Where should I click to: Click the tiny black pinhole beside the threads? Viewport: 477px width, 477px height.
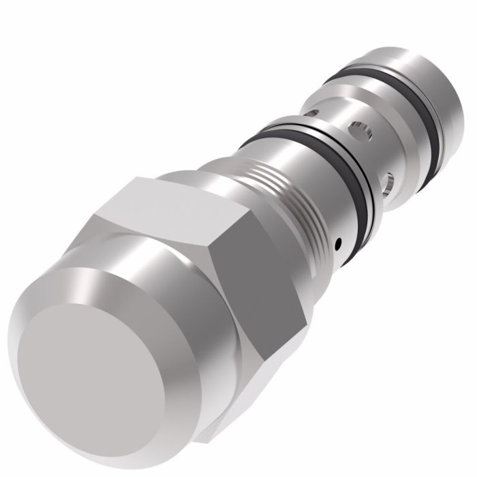337,240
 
